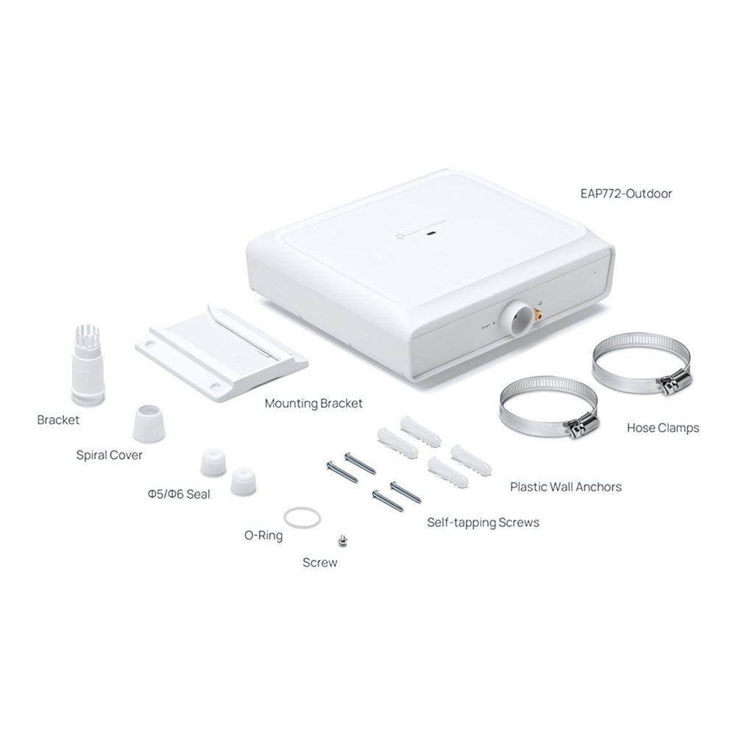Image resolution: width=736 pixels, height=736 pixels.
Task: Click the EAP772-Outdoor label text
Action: pos(626,194)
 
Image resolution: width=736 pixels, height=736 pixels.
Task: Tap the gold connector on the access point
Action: pos(537,313)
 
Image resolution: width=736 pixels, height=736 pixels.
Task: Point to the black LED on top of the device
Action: pos(431,233)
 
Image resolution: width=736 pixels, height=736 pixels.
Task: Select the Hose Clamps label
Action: pos(663,428)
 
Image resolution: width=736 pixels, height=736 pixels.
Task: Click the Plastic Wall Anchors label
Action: pos(565,486)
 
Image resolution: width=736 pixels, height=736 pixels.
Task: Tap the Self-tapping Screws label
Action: pos(483,523)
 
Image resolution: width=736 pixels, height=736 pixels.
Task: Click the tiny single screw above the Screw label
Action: pos(343,541)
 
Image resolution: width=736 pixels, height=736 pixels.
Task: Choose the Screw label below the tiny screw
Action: pos(319,562)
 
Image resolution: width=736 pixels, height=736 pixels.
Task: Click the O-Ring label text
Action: pos(263,535)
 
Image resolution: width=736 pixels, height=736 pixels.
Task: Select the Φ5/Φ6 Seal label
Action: pos(179,494)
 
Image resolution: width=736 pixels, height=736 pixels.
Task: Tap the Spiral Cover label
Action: pos(109,455)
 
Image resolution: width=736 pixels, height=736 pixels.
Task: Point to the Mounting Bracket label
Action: pos(314,403)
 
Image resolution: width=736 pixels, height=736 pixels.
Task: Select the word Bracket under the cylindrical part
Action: pos(58,420)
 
